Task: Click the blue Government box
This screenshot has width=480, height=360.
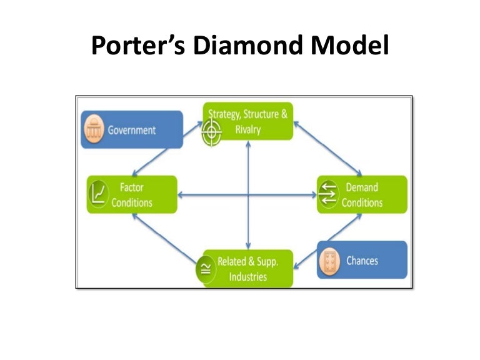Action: [132, 129]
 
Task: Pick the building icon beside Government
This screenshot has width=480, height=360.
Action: [95, 129]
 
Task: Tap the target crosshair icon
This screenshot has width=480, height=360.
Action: [212, 133]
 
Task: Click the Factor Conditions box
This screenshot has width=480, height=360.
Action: [132, 194]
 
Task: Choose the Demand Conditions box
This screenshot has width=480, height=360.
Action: [362, 194]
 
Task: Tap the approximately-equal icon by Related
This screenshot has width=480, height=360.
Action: [204, 269]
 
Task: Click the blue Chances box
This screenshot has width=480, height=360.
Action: [362, 259]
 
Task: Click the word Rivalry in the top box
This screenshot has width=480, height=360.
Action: [248, 129]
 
